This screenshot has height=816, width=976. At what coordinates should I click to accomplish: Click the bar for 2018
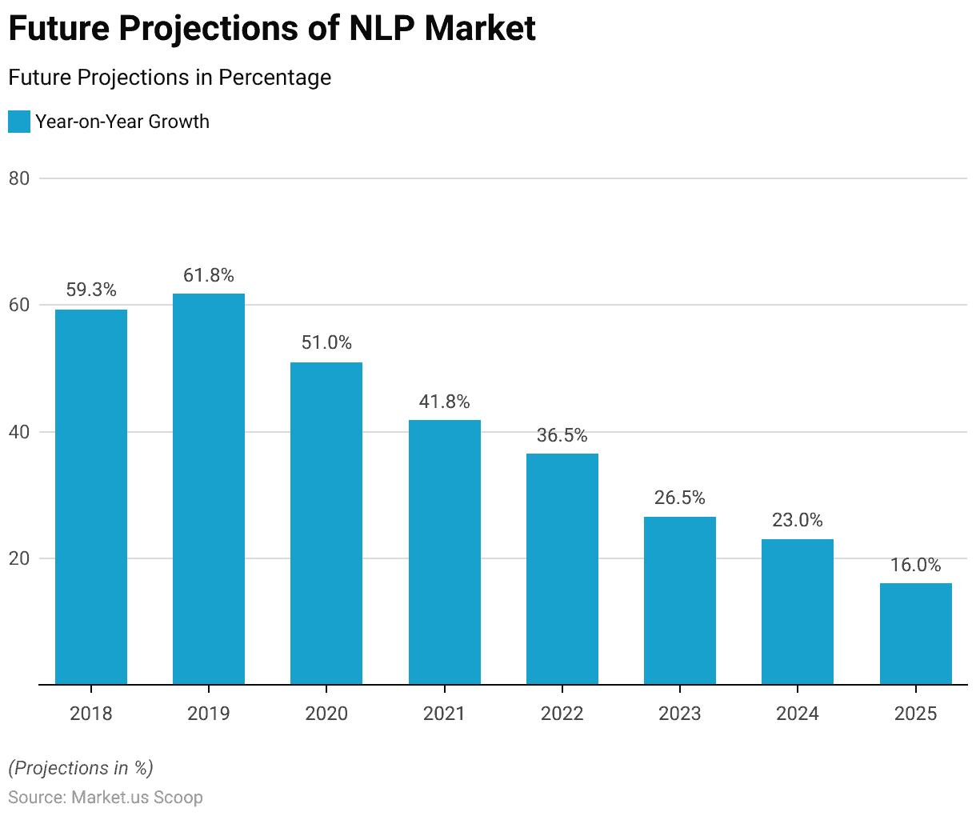(x=91, y=496)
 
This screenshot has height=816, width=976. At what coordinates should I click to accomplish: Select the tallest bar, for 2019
(x=209, y=488)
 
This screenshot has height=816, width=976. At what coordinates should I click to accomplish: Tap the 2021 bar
(x=445, y=552)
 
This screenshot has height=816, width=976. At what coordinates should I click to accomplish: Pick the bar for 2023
(x=680, y=600)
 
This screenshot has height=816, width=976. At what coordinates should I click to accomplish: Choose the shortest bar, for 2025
(x=916, y=634)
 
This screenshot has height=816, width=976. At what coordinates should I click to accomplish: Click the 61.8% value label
(x=209, y=276)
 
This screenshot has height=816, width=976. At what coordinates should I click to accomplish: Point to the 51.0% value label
(x=326, y=343)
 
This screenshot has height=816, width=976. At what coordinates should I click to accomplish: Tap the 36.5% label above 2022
(x=562, y=436)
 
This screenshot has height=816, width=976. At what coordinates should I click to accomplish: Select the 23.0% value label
(x=798, y=521)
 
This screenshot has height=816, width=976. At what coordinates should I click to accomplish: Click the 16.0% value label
(x=916, y=566)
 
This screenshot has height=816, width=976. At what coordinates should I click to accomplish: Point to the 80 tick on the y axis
(x=19, y=178)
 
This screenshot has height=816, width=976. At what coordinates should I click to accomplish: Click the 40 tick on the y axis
(x=19, y=432)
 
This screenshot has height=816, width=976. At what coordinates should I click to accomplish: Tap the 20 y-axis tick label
(x=19, y=558)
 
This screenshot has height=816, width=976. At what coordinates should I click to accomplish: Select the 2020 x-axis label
(x=326, y=714)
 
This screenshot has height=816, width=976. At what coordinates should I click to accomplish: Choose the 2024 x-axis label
(x=798, y=714)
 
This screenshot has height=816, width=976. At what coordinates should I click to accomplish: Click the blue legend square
(x=19, y=122)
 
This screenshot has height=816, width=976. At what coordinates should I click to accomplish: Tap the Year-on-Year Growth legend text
(x=122, y=122)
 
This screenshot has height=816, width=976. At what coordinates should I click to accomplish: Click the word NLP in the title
(x=381, y=29)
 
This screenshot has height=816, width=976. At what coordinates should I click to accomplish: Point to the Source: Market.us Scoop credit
(x=106, y=798)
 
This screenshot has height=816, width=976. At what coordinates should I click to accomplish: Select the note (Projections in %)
(x=81, y=769)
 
